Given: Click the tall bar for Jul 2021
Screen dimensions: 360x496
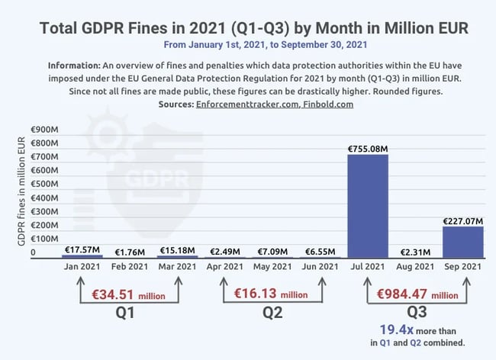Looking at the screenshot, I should tap(368, 206).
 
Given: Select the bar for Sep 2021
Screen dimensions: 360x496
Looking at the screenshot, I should tap(462, 242).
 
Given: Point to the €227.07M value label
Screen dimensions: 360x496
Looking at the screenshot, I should tap(463, 221).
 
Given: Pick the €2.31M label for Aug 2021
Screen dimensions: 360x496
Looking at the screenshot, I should tap(415, 252).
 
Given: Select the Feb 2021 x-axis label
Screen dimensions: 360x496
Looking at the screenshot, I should tap(129, 267).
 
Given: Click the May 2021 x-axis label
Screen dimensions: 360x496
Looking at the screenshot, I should tap(272, 267).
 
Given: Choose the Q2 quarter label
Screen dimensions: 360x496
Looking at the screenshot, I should tap(272, 313).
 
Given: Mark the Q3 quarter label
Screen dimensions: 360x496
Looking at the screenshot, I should tap(416, 313).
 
